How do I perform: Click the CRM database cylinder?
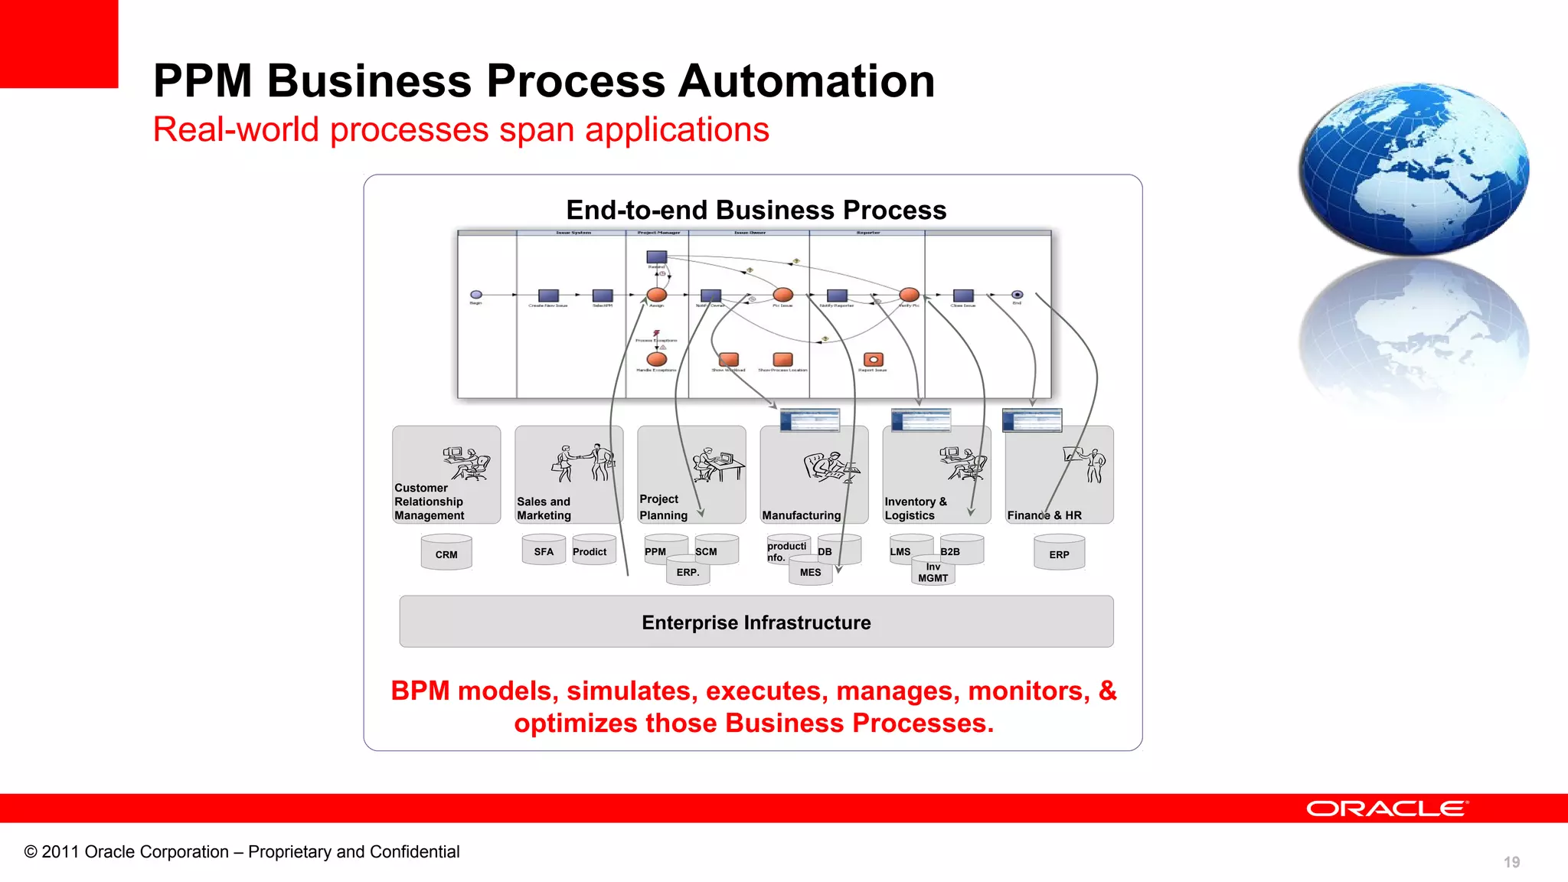446,553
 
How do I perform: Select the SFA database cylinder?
544,550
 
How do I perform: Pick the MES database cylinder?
810,572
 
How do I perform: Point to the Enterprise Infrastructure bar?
756,622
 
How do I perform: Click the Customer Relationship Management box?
446,475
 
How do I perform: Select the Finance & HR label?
1044,515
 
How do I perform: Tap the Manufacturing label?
801,515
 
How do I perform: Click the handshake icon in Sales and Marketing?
583,462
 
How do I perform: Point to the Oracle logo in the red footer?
1387,808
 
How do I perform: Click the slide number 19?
1511,862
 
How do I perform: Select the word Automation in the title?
806,81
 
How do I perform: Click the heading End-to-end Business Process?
756,210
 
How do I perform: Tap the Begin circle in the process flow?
476,295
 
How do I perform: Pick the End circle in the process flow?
1017,295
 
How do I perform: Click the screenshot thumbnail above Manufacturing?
809,420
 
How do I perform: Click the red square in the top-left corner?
59,44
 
